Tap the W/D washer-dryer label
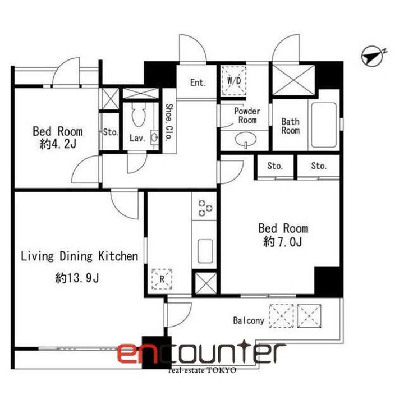[x=234, y=81]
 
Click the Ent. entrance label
[x=198, y=82]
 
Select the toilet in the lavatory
[x=139, y=114]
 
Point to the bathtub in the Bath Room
[x=324, y=125]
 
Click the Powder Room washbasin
[x=246, y=139]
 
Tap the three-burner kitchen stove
[x=205, y=208]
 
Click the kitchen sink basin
[x=205, y=251]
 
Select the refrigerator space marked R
[x=162, y=279]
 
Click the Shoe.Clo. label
[x=168, y=122]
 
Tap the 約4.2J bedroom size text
[x=58, y=144]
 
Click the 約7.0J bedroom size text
[x=283, y=242]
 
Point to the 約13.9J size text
[x=77, y=278]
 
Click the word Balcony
[x=249, y=320]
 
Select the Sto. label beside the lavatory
[x=111, y=132]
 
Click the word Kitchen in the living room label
[x=118, y=256]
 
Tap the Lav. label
[x=137, y=138]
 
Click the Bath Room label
[x=291, y=126]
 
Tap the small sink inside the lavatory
[x=154, y=137]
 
